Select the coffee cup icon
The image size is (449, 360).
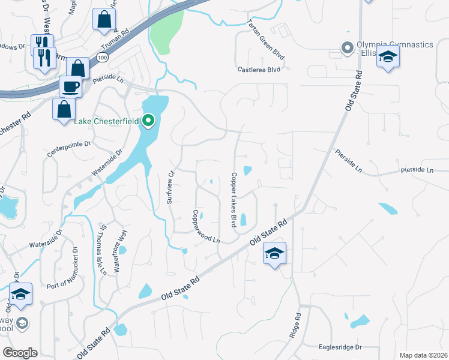pos(70,86)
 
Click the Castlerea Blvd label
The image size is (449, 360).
pos(259,70)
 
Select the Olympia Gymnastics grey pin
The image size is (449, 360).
pos(346,47)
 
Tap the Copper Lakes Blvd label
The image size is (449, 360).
pos(232,199)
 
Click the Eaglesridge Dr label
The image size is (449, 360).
pos(341,347)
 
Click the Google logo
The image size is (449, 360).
pos(20,353)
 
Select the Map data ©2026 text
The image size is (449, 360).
pos(423,355)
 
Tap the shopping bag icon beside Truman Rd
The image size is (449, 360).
pos(104,20)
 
